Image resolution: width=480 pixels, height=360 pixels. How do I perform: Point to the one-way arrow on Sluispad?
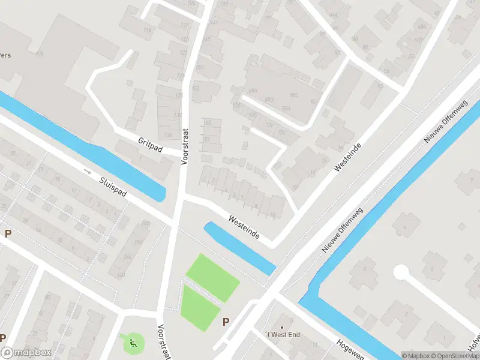pyautogui.click(x=88, y=172)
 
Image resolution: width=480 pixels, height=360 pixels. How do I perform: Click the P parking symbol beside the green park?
pyautogui.click(x=226, y=322)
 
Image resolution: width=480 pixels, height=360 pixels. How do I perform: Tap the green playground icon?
pyautogui.click(x=133, y=344)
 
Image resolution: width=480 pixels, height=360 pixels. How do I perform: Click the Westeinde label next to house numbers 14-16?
pyautogui.click(x=348, y=157)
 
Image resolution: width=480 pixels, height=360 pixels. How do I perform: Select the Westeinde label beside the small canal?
pyautogui.click(x=244, y=228)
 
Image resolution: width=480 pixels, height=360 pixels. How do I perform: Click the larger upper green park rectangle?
pyautogui.click(x=212, y=278)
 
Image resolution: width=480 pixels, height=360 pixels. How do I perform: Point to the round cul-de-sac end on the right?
pyautogui.click(x=401, y=273)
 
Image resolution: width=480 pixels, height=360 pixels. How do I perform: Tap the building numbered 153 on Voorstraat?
pyautogui.click(x=194, y=89)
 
